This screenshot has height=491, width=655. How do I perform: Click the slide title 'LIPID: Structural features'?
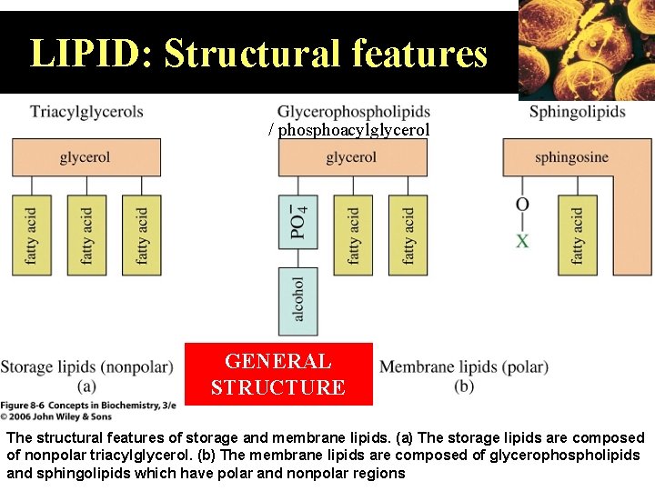coord(258,54)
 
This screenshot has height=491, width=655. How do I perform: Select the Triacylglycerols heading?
coord(86,112)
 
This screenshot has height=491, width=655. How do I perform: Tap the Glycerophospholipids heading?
coord(353,112)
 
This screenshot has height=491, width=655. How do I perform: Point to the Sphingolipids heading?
coord(578,112)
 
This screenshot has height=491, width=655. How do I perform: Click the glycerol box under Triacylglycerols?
coord(86,157)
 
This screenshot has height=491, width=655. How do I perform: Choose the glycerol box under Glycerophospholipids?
coord(352,157)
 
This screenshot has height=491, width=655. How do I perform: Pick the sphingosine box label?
coord(571,157)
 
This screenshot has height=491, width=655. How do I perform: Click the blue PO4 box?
coord(298,223)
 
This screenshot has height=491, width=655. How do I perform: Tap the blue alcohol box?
coord(298,300)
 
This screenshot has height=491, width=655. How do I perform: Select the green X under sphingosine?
coord(522,241)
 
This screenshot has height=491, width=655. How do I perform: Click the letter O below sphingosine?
coord(522,205)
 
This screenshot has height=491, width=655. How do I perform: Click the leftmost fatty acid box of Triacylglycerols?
coord(32,235)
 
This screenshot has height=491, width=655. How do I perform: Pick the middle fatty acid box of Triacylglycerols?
coord(86,235)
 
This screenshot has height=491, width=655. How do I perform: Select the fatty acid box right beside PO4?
coord(353,235)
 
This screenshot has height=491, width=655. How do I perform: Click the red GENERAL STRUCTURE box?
coord(278,374)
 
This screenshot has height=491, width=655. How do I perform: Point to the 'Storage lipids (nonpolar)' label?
coord(86,367)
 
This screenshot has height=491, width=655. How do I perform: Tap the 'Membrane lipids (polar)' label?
coord(464,367)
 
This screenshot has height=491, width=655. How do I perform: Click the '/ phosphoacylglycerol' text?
coord(349,130)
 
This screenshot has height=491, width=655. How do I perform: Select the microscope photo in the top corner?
coord(587,47)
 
